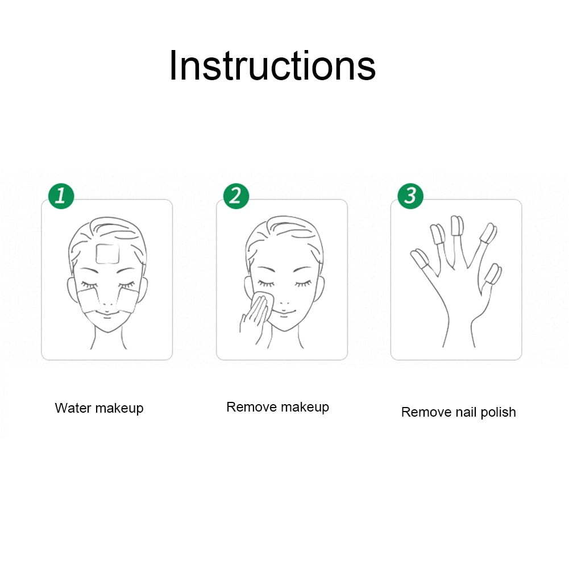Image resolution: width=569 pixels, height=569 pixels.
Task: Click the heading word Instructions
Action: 272,66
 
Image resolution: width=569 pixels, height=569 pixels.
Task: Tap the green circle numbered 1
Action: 61,196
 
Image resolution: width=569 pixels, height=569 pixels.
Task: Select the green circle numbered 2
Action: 236,196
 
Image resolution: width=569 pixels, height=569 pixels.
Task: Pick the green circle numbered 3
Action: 410,196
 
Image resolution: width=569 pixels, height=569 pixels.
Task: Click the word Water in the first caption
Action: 73,408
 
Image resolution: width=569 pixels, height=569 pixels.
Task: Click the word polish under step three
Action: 498,413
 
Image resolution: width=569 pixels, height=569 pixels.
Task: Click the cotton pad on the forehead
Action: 107,254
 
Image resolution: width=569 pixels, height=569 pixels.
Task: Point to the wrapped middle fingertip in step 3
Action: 457,226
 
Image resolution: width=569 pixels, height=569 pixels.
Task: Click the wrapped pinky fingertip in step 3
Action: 420,259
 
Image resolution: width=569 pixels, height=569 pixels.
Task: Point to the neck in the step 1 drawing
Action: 108,339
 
